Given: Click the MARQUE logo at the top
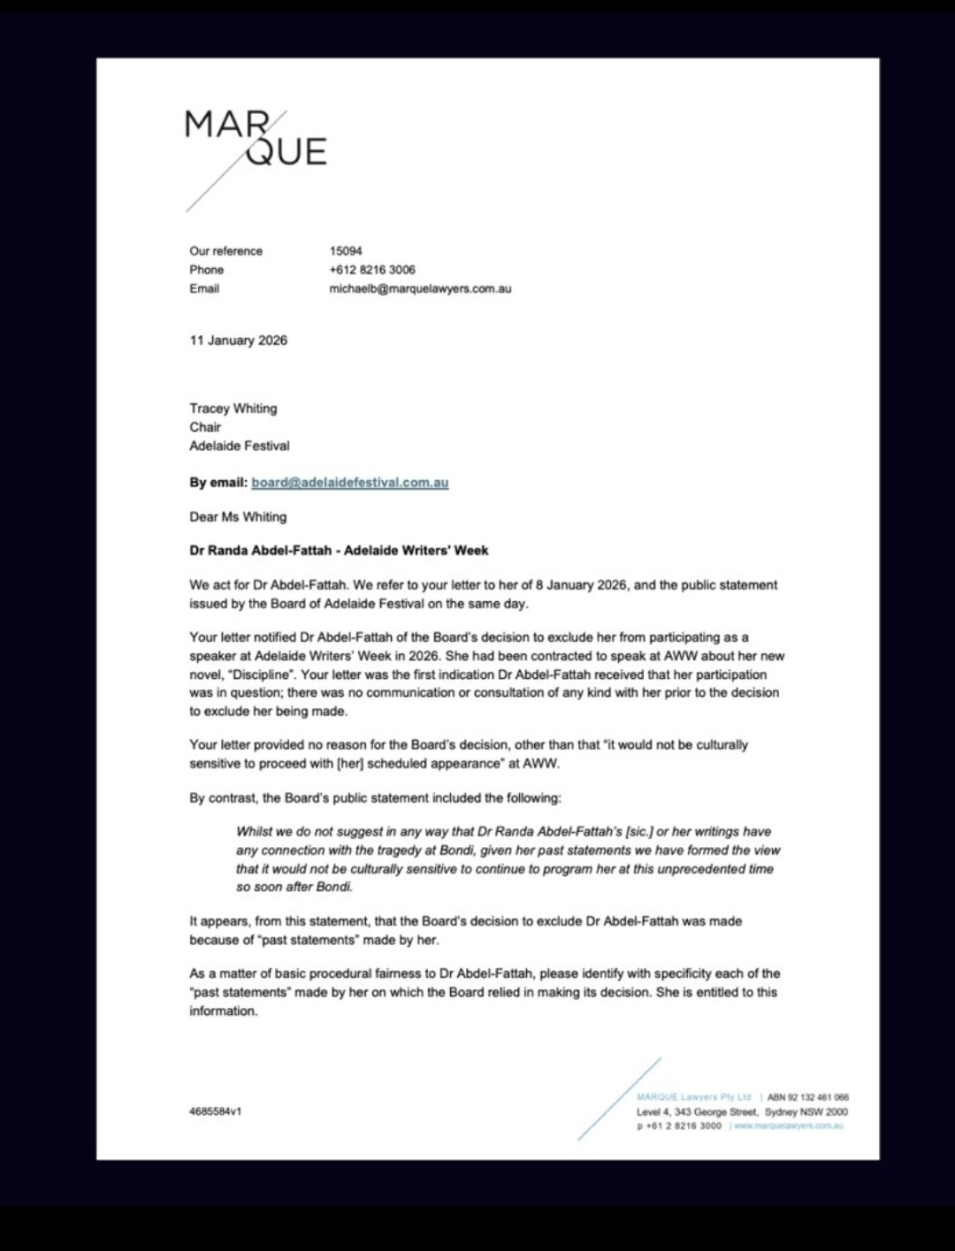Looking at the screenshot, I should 256,140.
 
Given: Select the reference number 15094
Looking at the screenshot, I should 346,251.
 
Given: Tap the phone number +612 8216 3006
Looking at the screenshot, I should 371,270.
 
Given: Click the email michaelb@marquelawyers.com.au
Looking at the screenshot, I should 420,288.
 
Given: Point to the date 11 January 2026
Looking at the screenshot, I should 238,340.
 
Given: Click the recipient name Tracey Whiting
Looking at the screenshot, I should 233,408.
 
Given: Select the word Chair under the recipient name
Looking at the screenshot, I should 205,427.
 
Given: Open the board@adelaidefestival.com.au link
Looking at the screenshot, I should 349,483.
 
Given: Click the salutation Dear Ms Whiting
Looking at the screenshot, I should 238,517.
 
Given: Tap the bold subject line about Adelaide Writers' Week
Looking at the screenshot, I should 339,551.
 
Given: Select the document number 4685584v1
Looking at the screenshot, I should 215,1111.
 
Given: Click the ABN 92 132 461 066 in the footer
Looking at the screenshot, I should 807,1097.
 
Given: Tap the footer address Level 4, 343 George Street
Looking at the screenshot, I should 697,1112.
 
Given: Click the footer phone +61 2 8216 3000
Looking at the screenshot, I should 678,1126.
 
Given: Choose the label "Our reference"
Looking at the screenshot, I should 225,251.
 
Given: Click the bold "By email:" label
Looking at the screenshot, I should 218,483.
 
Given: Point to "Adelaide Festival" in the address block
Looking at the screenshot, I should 239,446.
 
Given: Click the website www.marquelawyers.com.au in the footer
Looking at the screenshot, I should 788,1126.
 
